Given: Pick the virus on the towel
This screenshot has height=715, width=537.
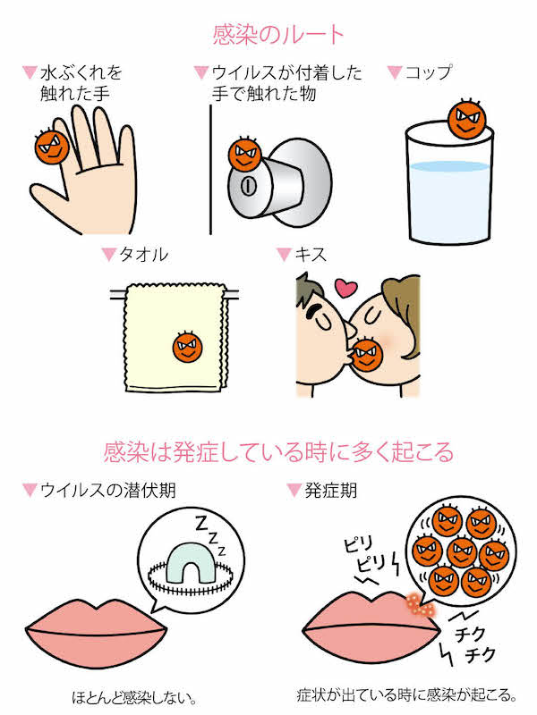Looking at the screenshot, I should (x=188, y=344).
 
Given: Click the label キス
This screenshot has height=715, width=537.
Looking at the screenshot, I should (x=308, y=255).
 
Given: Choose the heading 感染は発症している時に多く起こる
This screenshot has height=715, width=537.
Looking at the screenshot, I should (x=278, y=450).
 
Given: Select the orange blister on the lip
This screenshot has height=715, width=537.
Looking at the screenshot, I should (x=418, y=605).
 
